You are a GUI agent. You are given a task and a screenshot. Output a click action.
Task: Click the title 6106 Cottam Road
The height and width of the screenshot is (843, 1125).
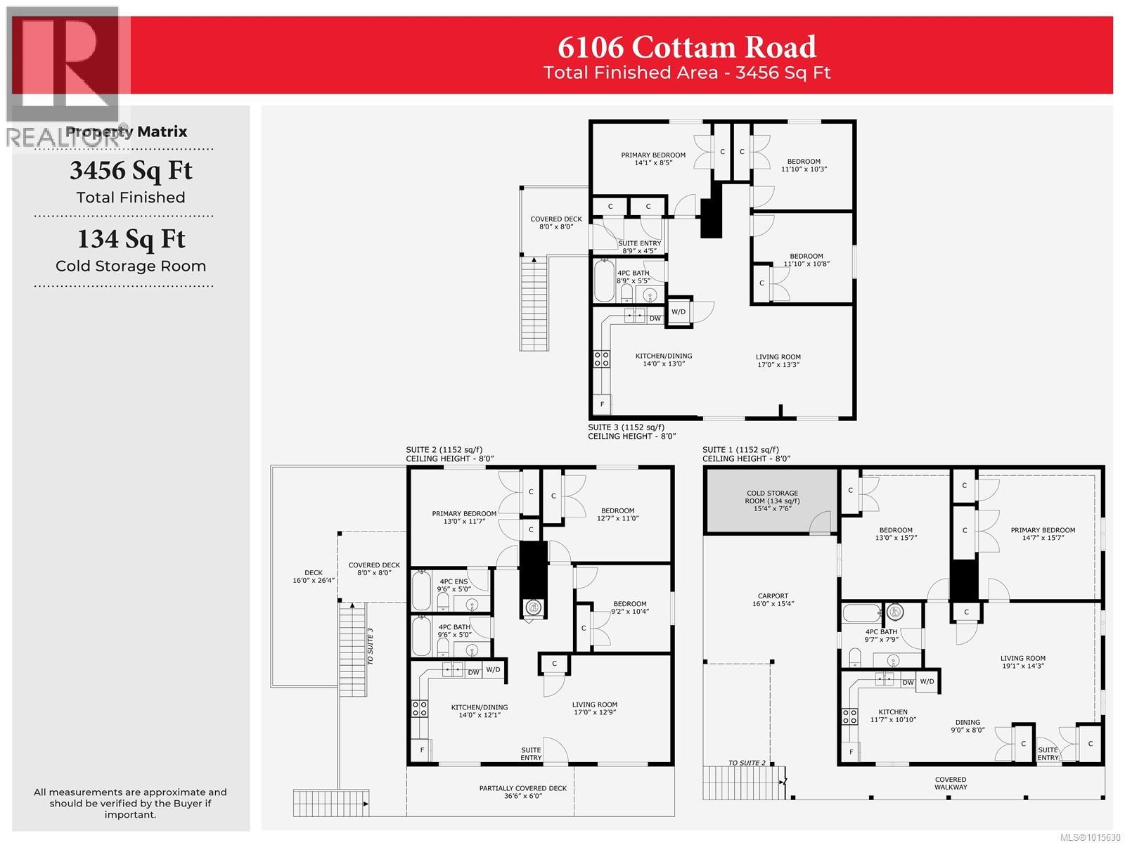[687, 47]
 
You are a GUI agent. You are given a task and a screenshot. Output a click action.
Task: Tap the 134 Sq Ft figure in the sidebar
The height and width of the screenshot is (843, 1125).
[131, 239]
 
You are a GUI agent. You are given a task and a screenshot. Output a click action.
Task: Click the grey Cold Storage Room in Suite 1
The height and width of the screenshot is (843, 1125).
[771, 500]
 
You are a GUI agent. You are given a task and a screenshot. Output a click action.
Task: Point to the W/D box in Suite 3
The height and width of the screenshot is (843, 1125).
[679, 311]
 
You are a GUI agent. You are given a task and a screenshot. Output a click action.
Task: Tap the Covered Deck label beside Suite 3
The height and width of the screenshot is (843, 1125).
[555, 223]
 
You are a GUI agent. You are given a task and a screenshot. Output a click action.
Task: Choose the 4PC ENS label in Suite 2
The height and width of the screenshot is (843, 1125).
[453, 585]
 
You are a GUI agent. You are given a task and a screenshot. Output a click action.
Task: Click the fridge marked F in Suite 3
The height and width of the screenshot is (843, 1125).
[602, 404]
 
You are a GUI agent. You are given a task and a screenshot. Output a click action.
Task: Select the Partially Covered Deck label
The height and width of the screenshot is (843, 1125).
[523, 792]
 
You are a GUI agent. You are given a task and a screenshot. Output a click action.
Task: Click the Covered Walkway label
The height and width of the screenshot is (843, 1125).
[951, 783]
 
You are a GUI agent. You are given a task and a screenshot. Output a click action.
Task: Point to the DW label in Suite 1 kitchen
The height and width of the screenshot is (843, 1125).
[908, 682]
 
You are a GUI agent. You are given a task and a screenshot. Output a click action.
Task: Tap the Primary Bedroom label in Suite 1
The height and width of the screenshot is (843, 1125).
[1043, 534]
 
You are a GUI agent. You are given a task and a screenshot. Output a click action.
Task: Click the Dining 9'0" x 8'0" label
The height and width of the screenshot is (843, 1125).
[967, 726]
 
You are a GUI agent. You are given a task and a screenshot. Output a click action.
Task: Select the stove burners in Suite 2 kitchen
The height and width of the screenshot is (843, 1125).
[420, 708]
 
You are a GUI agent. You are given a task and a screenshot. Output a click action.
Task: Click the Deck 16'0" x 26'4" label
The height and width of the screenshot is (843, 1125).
[314, 577]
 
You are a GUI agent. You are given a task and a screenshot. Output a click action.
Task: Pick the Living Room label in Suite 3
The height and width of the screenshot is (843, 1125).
[778, 360]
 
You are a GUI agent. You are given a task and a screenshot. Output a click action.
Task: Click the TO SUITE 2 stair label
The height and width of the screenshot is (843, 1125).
[747, 763]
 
